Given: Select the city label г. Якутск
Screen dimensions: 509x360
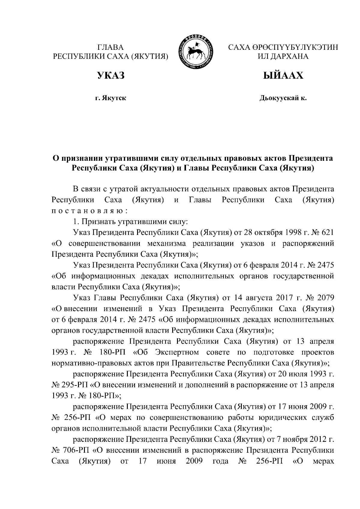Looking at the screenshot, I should (x=110, y=98).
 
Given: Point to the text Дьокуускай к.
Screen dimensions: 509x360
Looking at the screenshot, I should (x=283, y=98).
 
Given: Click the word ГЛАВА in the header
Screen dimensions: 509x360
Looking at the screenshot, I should (x=110, y=47).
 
